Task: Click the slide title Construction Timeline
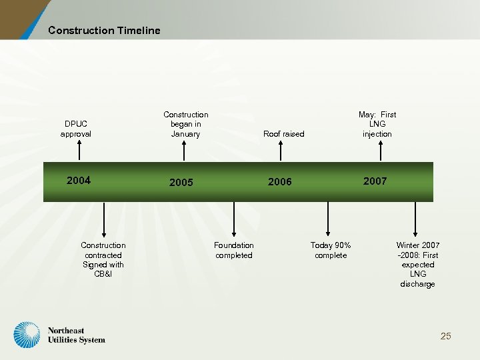tap(104, 30)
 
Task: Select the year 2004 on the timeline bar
tap(79, 180)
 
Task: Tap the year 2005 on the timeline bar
tap(181, 182)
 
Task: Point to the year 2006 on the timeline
tap(279, 181)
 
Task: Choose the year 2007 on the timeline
tap(375, 181)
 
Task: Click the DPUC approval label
tap(76, 129)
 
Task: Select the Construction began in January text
tap(185, 124)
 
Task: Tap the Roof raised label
tap(283, 134)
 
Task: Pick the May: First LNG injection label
tap(377, 124)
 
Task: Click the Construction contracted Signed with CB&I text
tap(103, 259)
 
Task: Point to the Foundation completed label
tap(234, 250)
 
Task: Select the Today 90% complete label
tap(331, 250)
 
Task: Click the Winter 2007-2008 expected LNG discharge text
tap(417, 265)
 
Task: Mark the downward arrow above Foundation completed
tap(233, 217)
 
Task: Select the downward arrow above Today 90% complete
tap(328, 217)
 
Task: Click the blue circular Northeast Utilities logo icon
tap(27, 335)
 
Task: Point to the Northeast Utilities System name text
tap(76, 335)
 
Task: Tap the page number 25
tap(445, 336)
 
